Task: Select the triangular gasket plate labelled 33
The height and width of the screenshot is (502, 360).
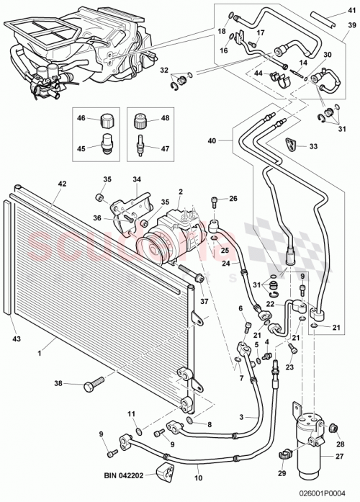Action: pyautogui.click(x=291, y=144)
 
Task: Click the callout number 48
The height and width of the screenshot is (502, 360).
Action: pyautogui.click(x=165, y=117)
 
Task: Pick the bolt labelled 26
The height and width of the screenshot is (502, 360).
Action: pyautogui.click(x=215, y=201)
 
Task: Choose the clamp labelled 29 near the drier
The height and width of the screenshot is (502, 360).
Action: pyautogui.click(x=284, y=453)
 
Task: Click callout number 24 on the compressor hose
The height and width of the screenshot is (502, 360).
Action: pyautogui.click(x=226, y=263)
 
